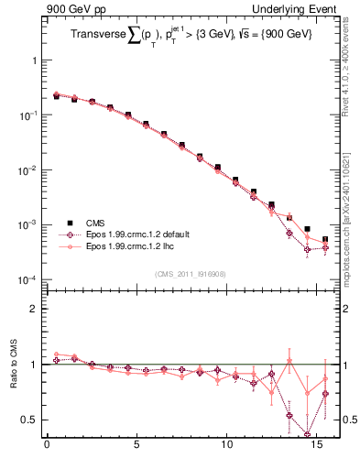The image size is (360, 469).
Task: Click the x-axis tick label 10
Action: (x=226, y=449)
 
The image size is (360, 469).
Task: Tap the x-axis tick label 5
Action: (x=136, y=449)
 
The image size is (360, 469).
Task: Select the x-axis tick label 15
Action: (x=316, y=449)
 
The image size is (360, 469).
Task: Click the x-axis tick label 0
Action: (x=47, y=449)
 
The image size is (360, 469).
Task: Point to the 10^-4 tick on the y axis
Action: (x=30, y=279)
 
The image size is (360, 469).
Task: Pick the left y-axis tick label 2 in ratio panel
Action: (x=35, y=310)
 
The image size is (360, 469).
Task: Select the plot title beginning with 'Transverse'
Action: (x=190, y=37)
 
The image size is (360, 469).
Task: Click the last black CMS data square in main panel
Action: (x=325, y=240)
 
